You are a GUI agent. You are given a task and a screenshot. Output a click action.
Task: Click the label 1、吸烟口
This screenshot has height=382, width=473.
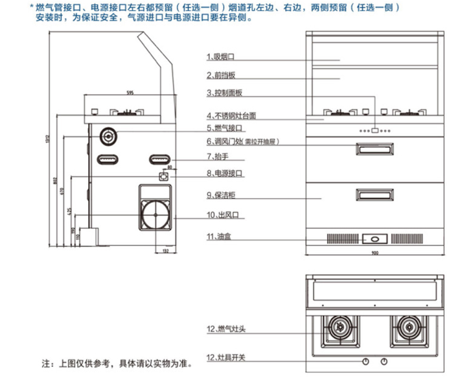(x=220, y=58)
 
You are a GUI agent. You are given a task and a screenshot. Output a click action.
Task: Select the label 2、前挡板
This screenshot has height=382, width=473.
(x=220, y=75)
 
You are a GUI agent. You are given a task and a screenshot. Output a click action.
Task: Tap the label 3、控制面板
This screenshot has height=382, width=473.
(x=224, y=93)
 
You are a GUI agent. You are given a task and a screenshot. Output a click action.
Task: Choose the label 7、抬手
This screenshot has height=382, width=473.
(x=218, y=156)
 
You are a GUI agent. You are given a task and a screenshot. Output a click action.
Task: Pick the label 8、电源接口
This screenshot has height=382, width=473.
(x=224, y=174)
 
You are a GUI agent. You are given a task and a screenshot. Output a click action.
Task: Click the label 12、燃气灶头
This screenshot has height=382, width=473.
(x=225, y=329)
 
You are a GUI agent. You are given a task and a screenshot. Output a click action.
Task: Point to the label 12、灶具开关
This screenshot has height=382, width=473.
(x=225, y=358)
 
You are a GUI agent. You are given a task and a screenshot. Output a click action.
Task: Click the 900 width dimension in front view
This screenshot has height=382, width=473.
(x=375, y=252)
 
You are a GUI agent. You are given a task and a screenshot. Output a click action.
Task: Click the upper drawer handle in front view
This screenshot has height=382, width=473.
(x=375, y=151)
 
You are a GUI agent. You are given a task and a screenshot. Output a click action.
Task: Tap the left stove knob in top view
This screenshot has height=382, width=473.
(x=366, y=361)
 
